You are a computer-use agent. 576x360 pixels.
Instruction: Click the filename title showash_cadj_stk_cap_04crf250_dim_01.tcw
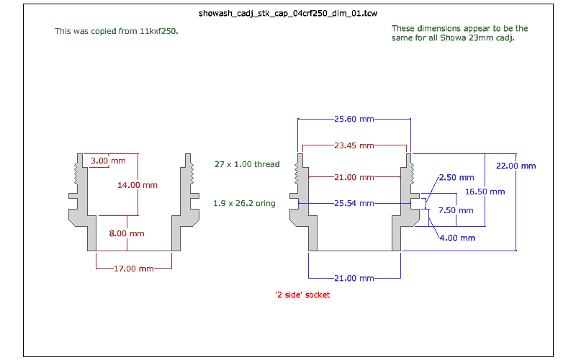[x=288, y=13]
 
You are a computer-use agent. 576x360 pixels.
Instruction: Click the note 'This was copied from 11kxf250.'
[x=116, y=32]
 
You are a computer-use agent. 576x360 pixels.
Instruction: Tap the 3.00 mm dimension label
[x=108, y=160]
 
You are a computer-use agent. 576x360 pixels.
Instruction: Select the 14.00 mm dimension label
[x=137, y=185]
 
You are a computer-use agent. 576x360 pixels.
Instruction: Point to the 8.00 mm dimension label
[x=127, y=233]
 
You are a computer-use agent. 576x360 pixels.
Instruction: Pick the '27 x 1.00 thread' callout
[x=246, y=164]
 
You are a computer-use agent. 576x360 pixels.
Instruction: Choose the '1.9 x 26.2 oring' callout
[x=244, y=203]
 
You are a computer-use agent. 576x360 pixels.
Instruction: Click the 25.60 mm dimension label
[x=354, y=119]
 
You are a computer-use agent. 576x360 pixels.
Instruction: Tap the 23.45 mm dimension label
[x=354, y=145]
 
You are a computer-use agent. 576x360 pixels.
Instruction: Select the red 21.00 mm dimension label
[x=354, y=177]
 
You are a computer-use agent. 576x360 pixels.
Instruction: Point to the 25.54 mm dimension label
[x=354, y=203]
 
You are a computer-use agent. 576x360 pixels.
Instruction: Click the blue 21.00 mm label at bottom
[x=354, y=278]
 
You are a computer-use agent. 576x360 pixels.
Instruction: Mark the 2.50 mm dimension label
[x=456, y=177]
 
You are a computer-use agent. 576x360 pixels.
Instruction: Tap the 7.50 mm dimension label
[x=456, y=210]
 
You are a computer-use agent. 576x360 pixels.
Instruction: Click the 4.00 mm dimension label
[x=456, y=238]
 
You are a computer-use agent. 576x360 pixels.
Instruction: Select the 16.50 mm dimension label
[x=485, y=192]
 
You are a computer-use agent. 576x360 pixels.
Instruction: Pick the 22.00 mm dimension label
[x=516, y=166]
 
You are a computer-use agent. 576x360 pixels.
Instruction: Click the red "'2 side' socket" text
[x=302, y=294]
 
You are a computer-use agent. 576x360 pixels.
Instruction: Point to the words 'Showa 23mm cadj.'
[x=487, y=37]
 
